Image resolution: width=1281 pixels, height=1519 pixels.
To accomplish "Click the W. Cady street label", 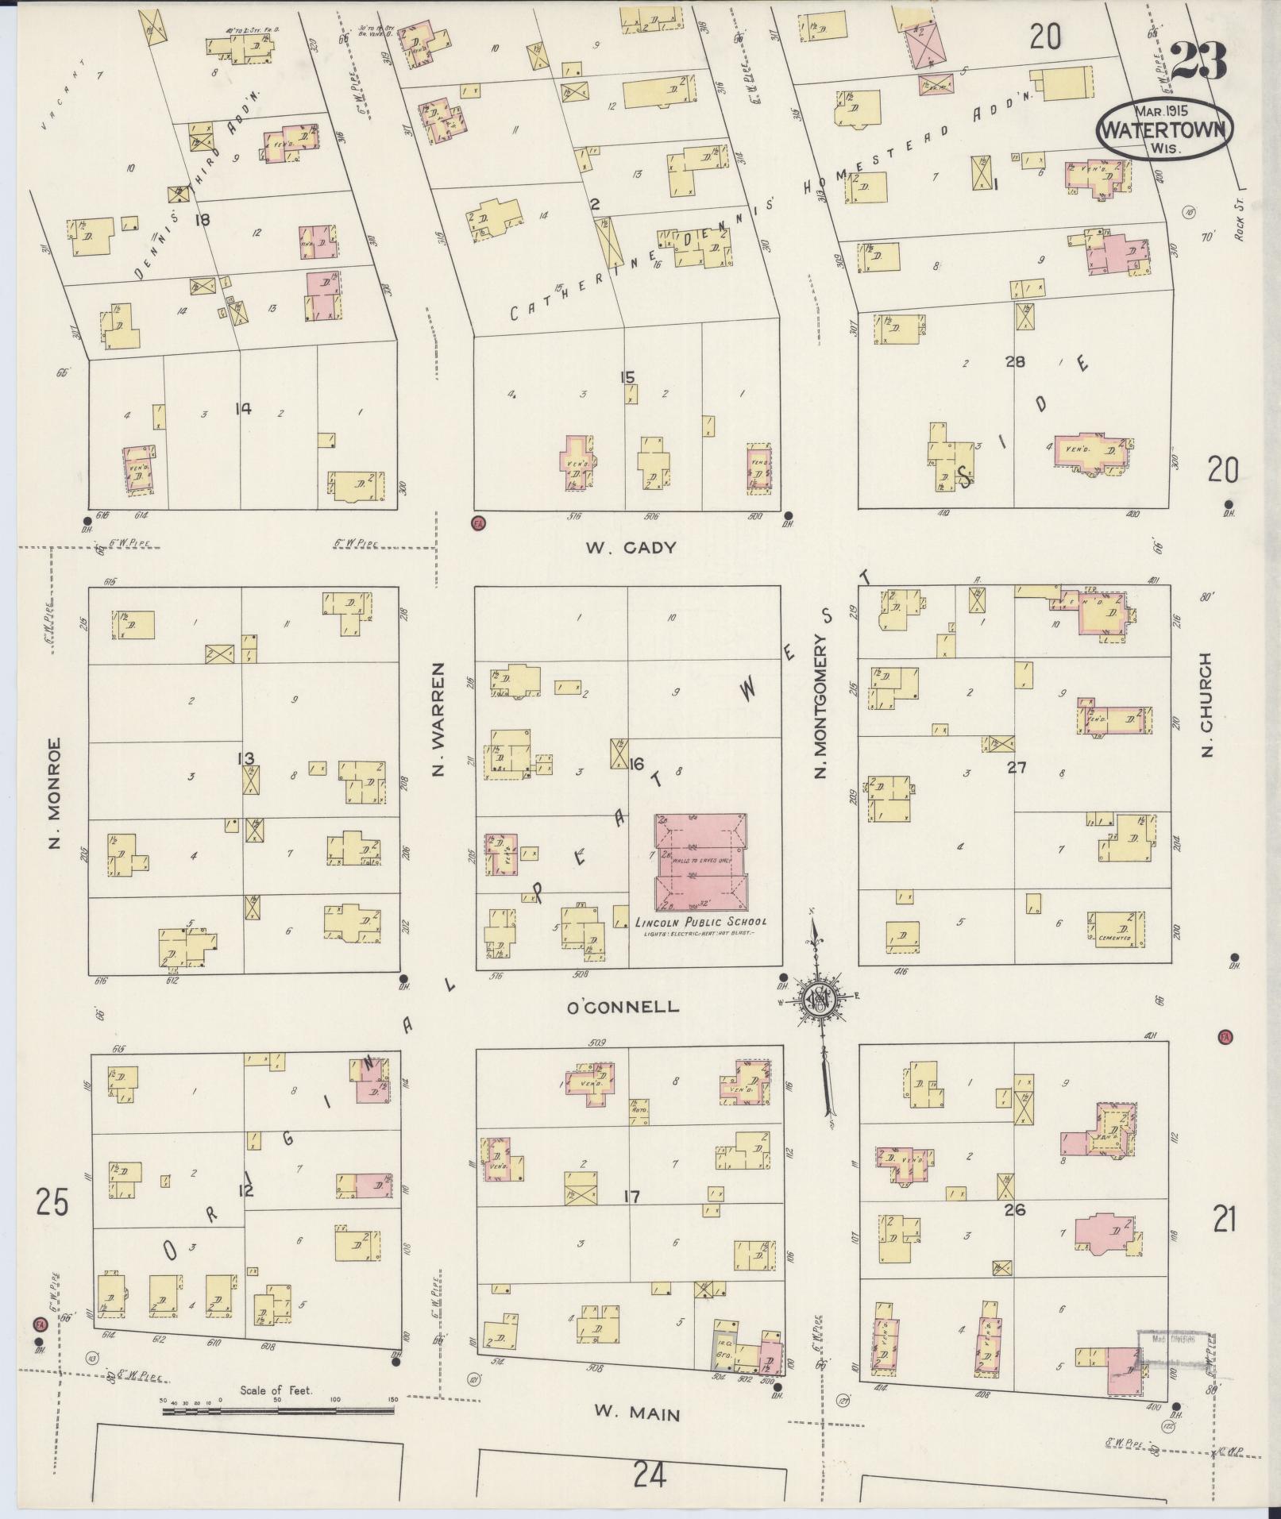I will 631,548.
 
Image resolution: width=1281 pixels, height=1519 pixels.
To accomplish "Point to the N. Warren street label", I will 442,720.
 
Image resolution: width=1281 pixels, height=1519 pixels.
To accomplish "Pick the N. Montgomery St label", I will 822,698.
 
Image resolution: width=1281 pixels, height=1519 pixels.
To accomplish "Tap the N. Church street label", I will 1207,705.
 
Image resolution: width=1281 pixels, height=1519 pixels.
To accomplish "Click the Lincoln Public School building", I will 700,862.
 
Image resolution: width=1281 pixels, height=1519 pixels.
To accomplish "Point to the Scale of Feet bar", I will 277,1410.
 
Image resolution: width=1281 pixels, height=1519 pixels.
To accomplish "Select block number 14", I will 243,409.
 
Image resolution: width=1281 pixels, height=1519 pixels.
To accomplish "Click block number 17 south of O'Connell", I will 632,1196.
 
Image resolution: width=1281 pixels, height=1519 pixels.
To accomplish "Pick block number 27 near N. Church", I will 1017,768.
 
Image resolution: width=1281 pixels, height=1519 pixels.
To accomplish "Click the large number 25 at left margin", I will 52,1203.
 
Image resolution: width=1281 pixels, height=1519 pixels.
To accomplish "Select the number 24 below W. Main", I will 650,1475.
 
